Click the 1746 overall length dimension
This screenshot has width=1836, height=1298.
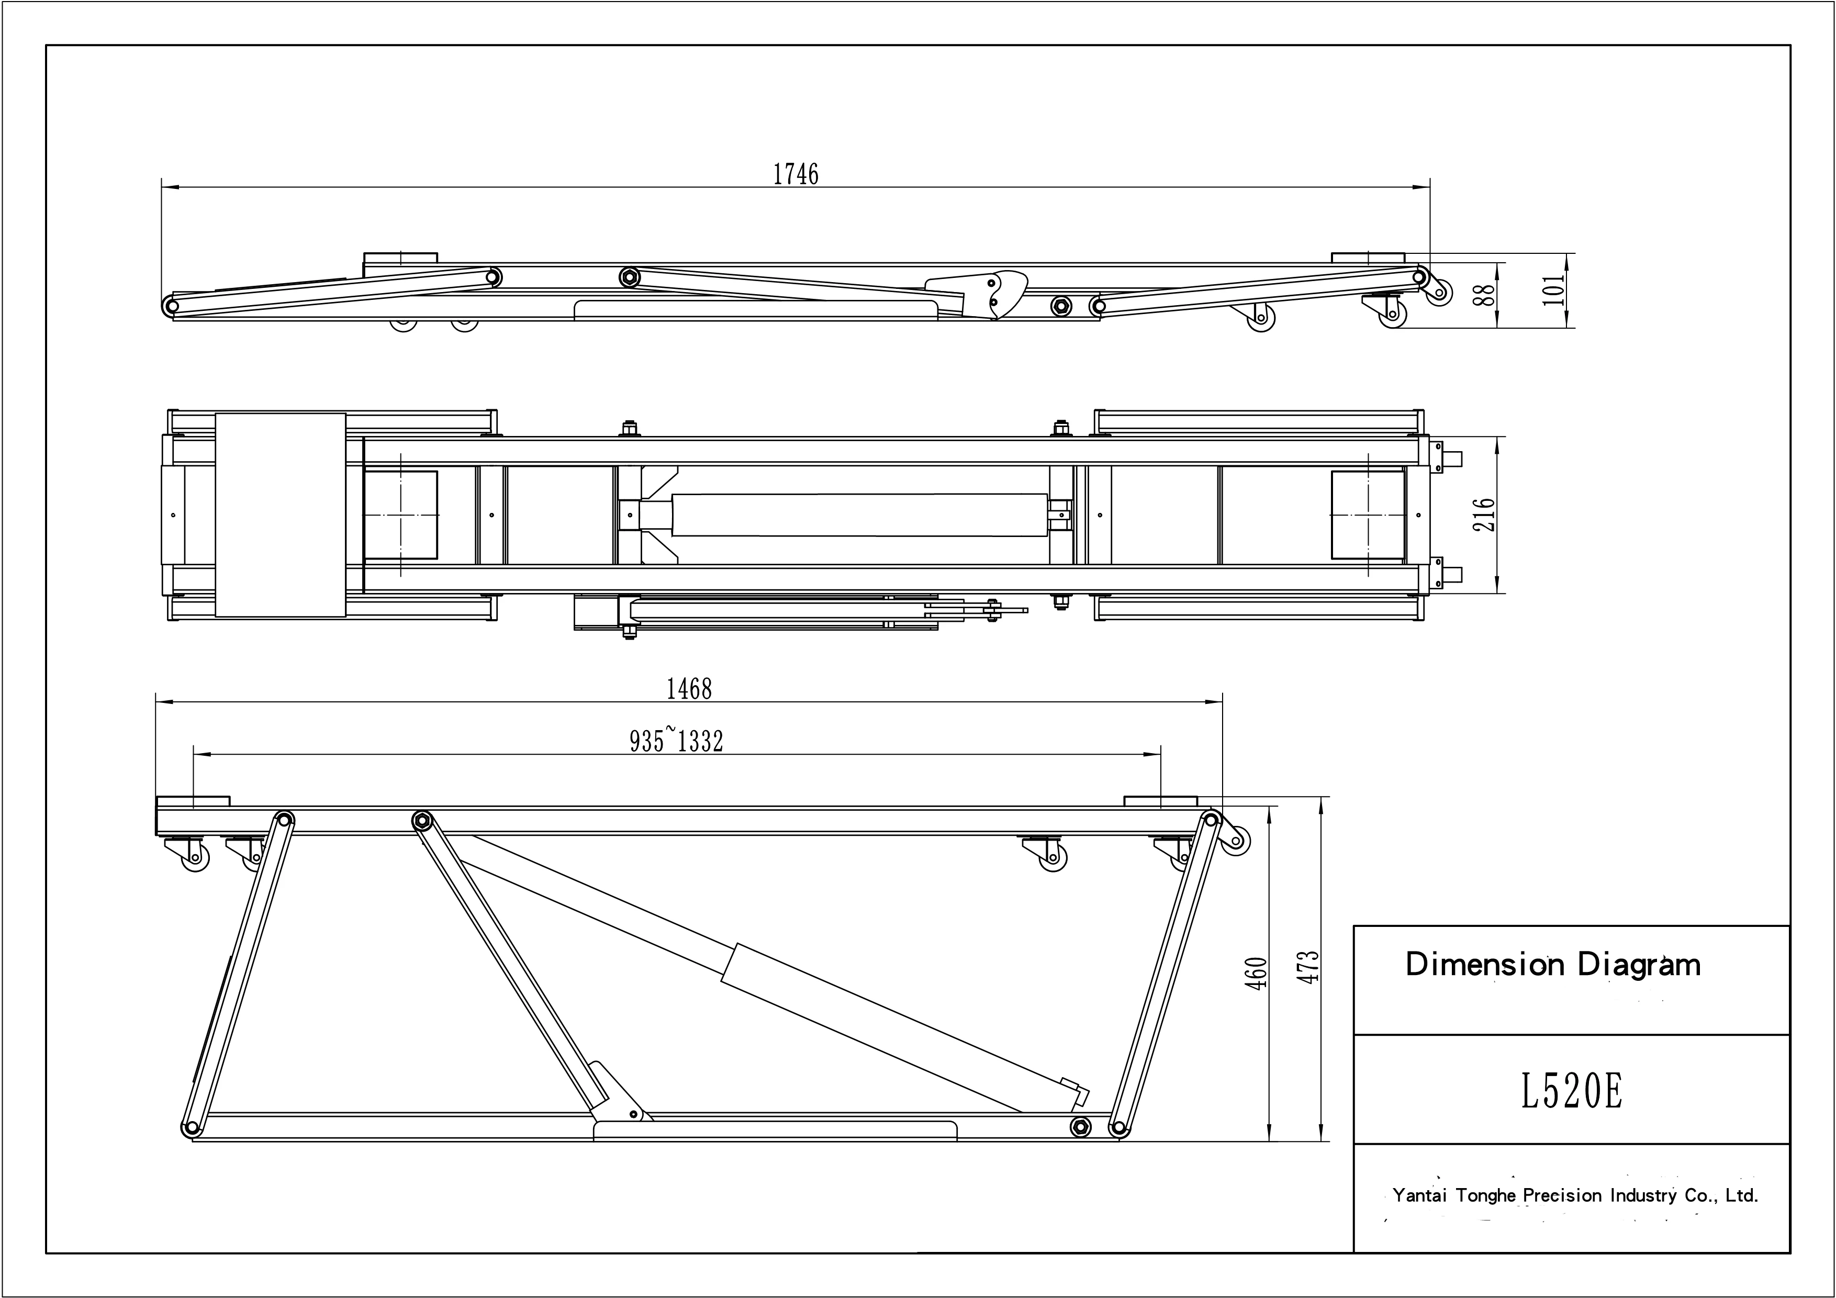(796, 174)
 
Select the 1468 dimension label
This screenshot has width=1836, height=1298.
(689, 689)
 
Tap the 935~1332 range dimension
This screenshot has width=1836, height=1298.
(677, 741)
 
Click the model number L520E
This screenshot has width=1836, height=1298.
(1571, 1092)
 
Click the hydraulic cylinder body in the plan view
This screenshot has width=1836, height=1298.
(859, 515)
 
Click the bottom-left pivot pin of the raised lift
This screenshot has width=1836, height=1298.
(191, 1128)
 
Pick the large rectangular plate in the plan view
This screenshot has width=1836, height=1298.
(281, 515)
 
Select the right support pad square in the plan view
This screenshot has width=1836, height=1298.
(1368, 515)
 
